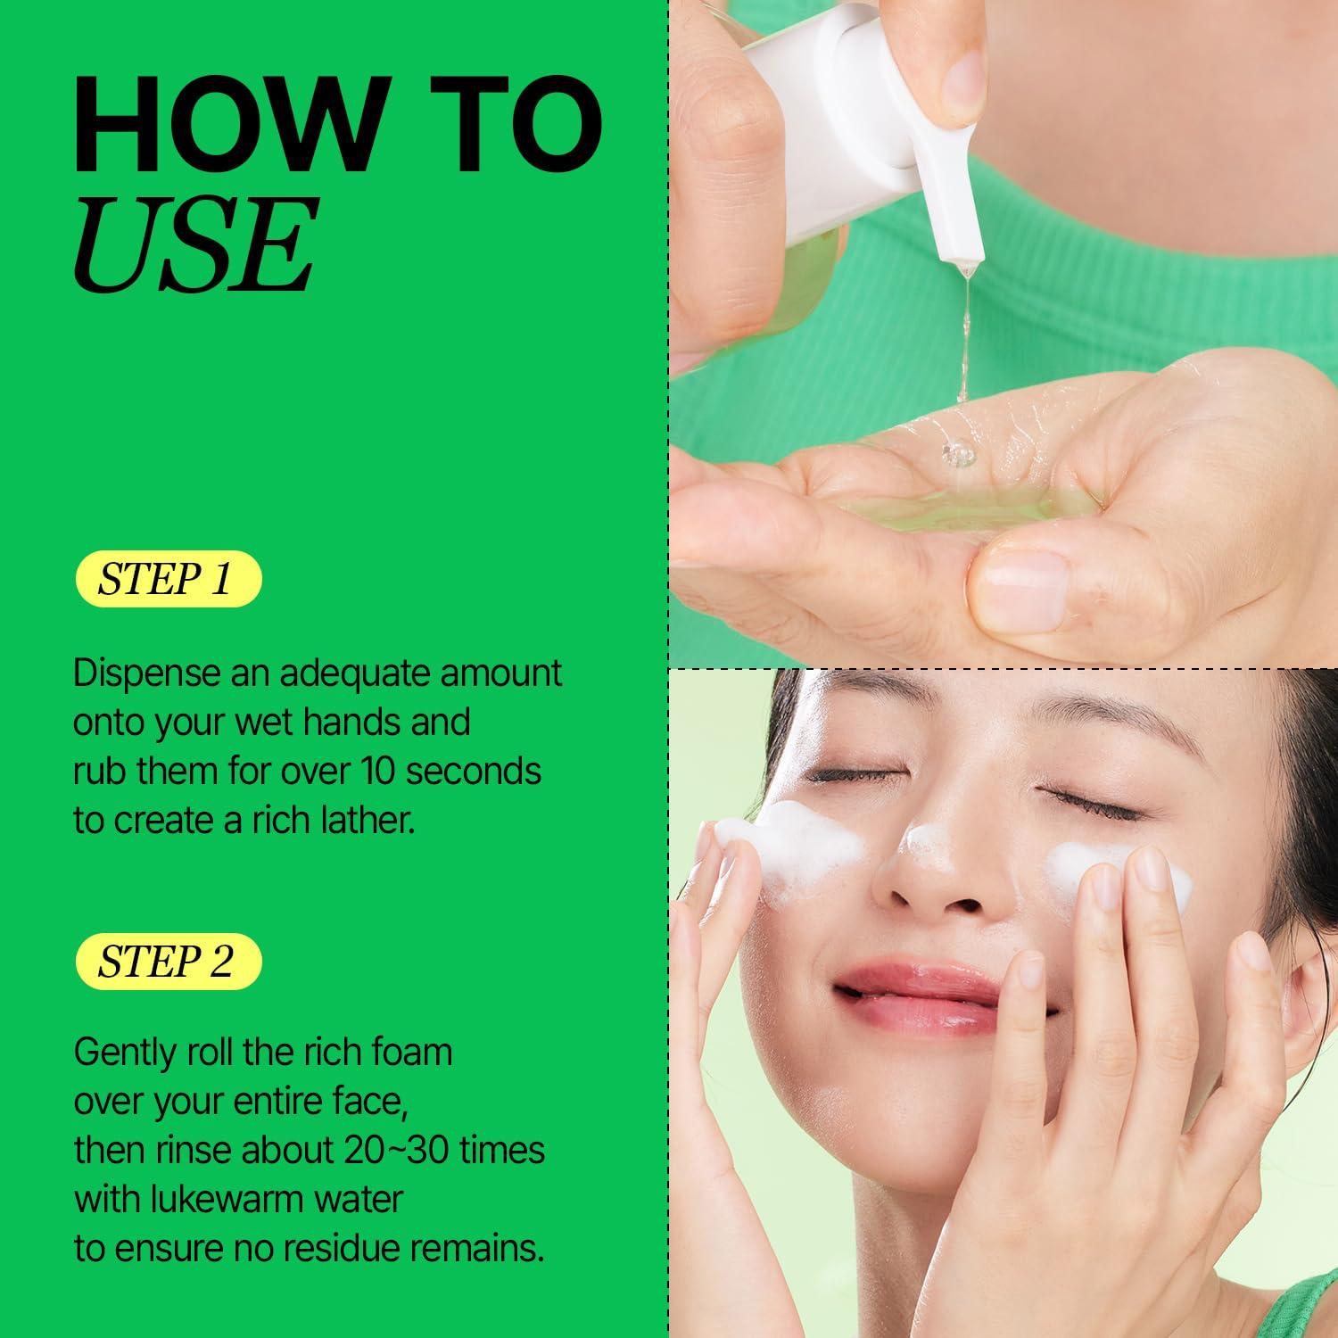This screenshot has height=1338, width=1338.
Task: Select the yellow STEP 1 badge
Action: (167, 579)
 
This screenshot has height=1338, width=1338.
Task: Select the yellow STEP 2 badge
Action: (167, 962)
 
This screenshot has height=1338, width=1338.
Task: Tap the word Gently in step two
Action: (125, 1053)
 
